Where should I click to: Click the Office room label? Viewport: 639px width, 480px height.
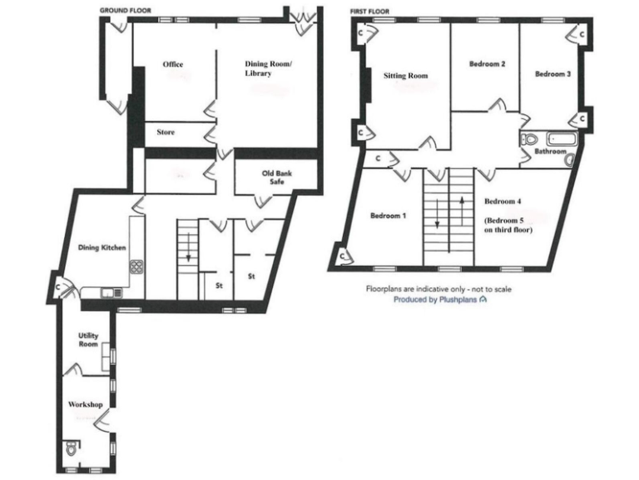click(x=173, y=65)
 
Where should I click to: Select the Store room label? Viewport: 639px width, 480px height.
click(x=166, y=132)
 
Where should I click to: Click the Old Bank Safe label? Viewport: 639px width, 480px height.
click(x=277, y=179)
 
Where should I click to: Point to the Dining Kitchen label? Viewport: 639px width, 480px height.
click(x=100, y=247)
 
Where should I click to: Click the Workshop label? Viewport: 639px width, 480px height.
click(x=86, y=405)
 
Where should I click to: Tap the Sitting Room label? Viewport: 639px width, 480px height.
click(x=405, y=76)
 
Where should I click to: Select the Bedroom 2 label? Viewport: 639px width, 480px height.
click(x=487, y=64)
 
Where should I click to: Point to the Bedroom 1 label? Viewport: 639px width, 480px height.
click(x=388, y=217)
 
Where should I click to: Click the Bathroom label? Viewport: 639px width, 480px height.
click(x=551, y=152)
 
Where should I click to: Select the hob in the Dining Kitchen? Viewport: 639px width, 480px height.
click(x=136, y=267)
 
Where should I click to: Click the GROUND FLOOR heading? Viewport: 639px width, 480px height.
click(x=125, y=10)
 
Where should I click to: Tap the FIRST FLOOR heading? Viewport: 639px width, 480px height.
click(x=369, y=10)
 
